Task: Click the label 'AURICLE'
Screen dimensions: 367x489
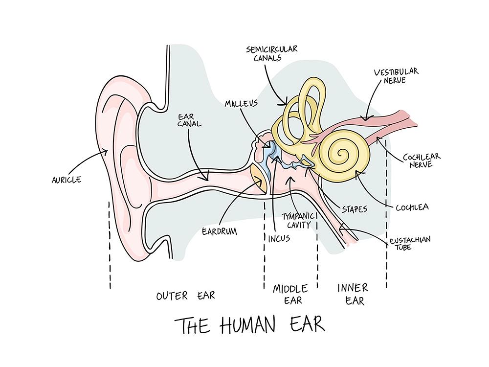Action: coord(66,180)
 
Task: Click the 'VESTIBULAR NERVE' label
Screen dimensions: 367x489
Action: coord(396,76)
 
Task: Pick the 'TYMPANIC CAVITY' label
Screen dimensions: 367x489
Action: coord(297,220)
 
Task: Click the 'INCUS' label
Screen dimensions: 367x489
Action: coord(279,239)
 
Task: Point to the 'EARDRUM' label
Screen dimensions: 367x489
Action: coord(219,230)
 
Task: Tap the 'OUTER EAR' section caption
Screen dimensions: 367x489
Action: coord(185,296)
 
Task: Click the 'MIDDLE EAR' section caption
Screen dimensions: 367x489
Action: coord(290,294)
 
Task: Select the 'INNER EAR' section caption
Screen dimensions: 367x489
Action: coord(352,293)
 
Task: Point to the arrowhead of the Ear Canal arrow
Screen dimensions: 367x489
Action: coord(207,179)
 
